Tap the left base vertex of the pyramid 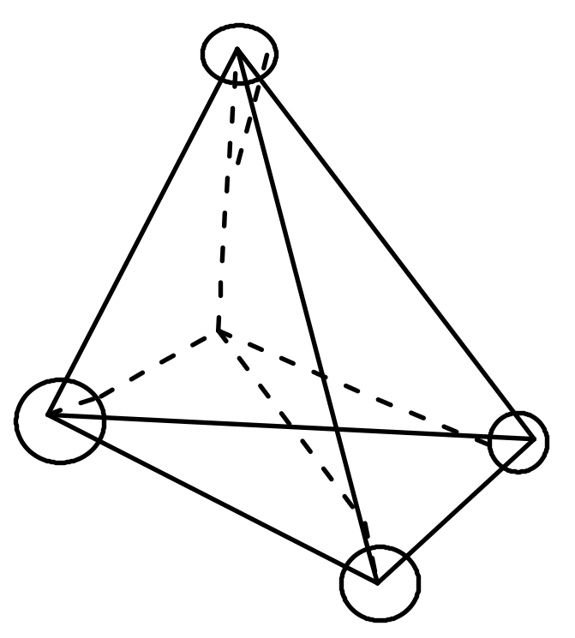point(49,414)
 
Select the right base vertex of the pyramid point(535,439)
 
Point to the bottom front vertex point(377,581)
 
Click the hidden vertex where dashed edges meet point(219,330)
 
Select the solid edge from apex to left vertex point(143,233)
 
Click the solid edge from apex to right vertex point(386,245)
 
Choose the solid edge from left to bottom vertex point(213,498)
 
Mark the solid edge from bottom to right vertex point(456,510)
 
